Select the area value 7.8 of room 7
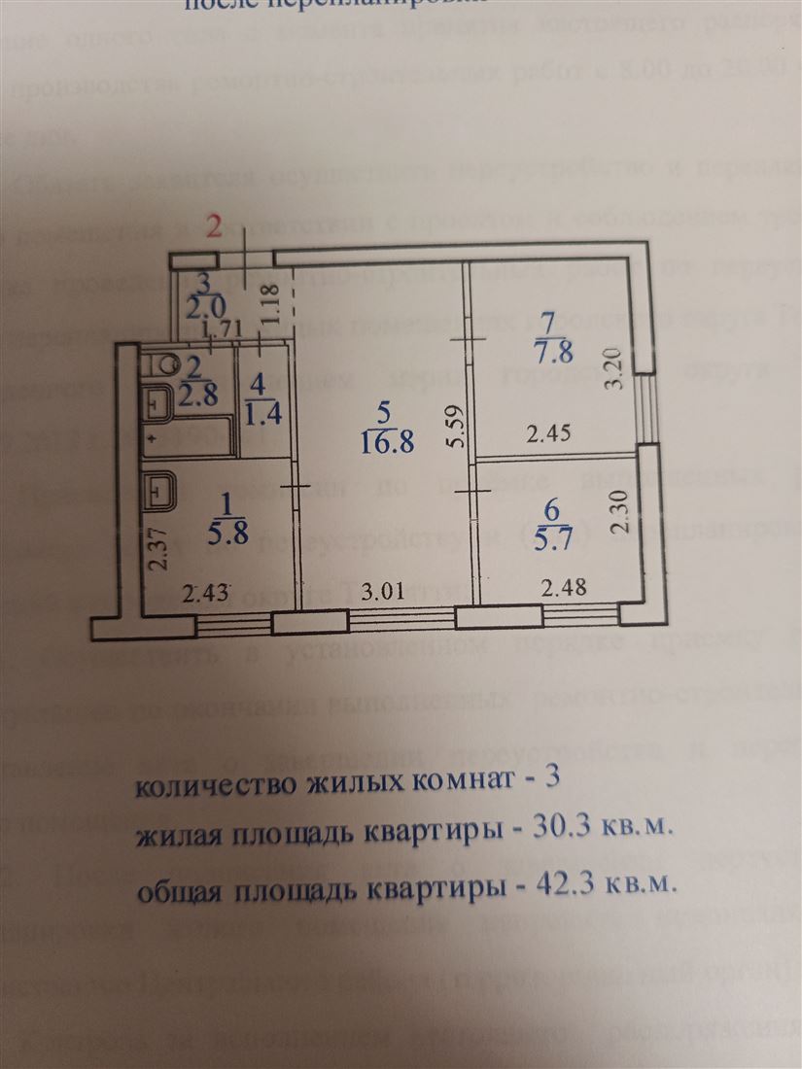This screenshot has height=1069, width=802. coord(550,348)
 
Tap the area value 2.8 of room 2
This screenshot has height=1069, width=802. coord(199,397)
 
